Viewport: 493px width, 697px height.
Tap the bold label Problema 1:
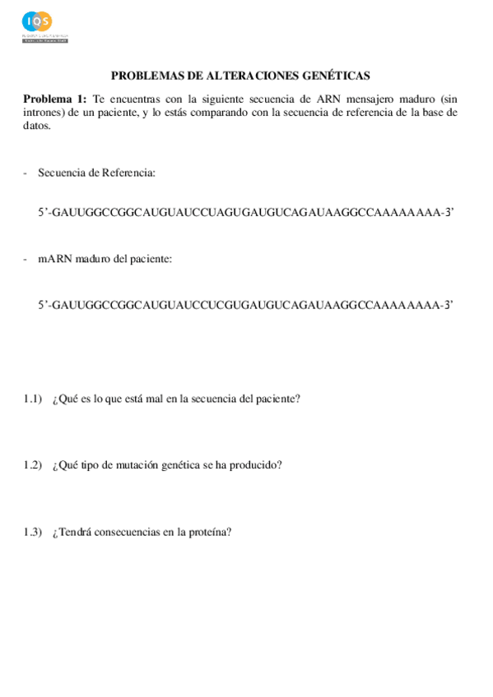(x=55, y=98)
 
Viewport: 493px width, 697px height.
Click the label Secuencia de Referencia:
(x=97, y=173)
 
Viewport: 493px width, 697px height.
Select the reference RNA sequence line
(x=246, y=211)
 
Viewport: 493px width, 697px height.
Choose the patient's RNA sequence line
(x=246, y=304)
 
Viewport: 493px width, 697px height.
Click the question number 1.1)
(x=33, y=399)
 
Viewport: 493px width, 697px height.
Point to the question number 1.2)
(x=33, y=464)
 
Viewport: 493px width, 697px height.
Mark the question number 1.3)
(x=33, y=531)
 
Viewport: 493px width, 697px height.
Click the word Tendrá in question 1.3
(x=76, y=531)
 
